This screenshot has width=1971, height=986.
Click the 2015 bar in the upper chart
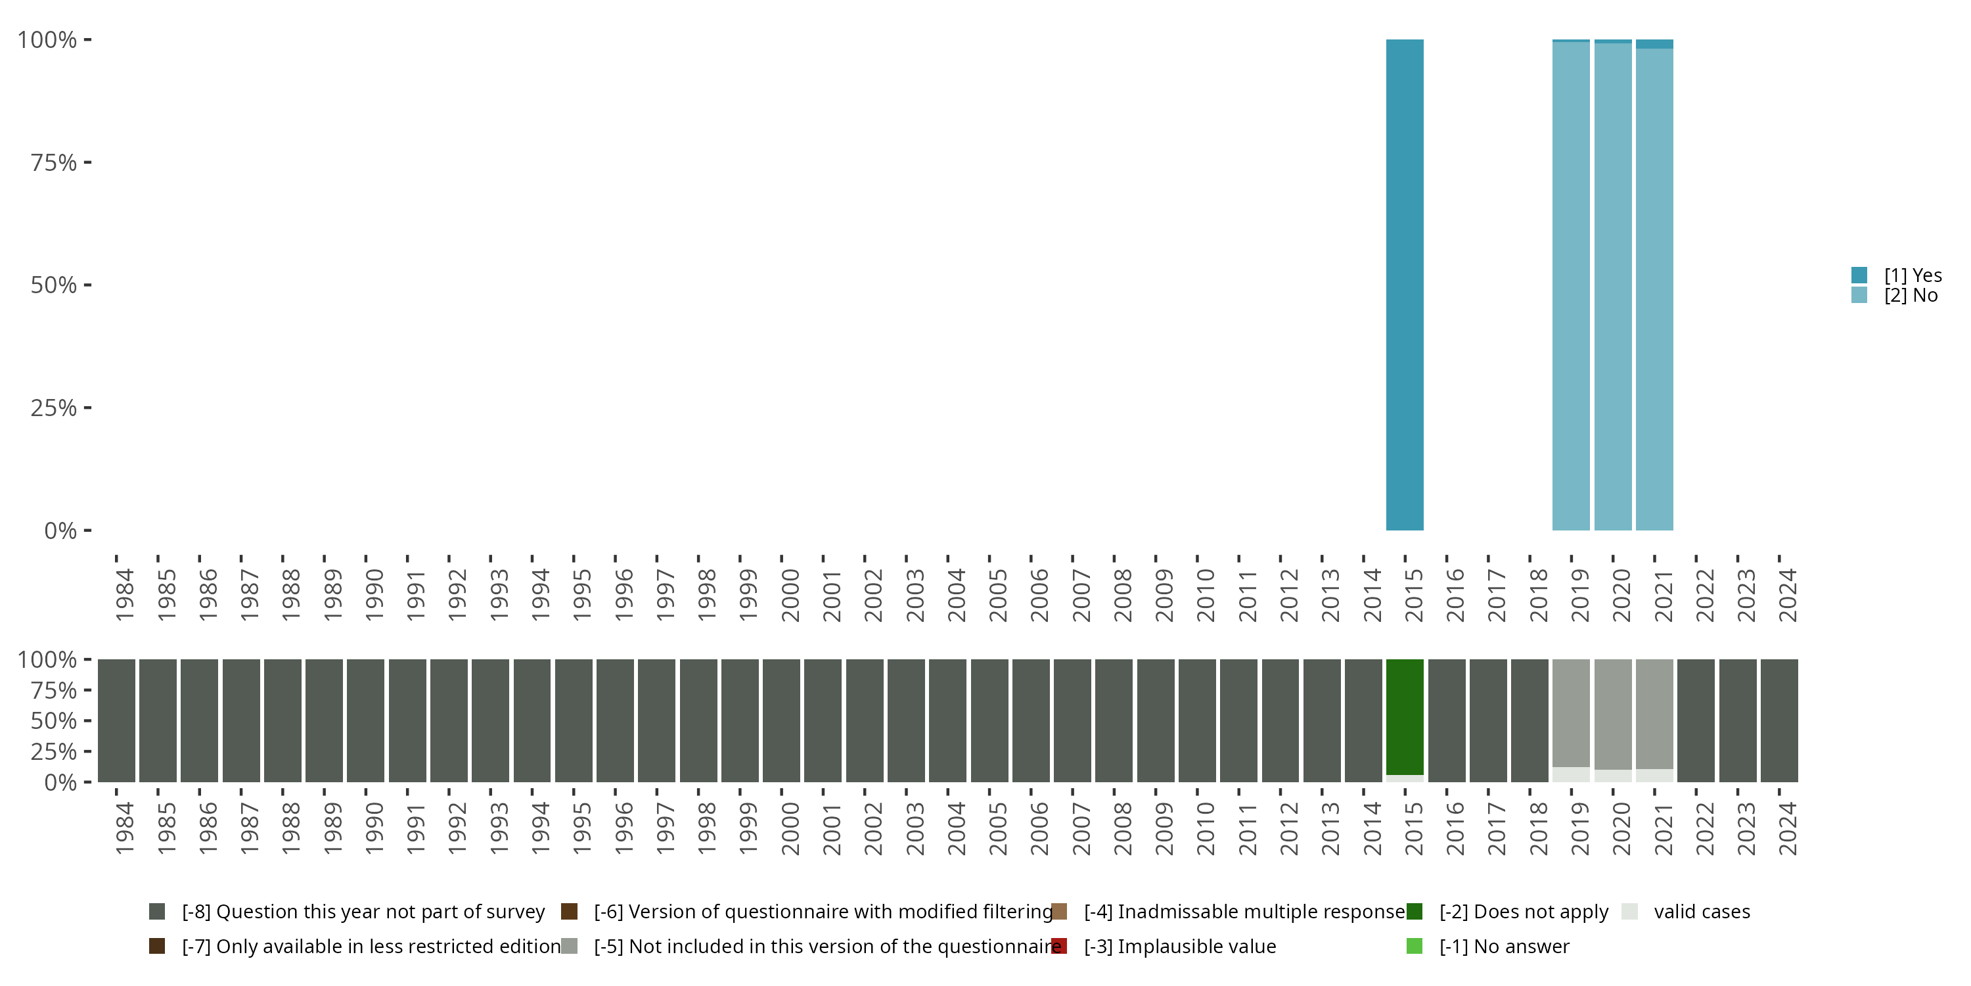pos(1405,285)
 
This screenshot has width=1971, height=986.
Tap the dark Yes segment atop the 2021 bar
pos(1654,43)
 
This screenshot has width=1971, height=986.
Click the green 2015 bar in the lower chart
pos(1405,716)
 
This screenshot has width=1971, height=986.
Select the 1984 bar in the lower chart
pos(116,720)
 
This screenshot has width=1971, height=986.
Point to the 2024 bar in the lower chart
pos(1779,720)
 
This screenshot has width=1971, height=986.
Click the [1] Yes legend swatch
pos(1859,275)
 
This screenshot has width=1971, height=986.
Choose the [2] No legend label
pos(1911,296)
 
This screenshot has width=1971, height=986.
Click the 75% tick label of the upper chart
pos(54,162)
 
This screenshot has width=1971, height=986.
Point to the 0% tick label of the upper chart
pos(60,530)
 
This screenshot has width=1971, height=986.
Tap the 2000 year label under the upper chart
pos(790,595)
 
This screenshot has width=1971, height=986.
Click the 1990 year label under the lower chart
pos(374,828)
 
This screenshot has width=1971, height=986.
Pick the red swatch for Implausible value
pos(1059,946)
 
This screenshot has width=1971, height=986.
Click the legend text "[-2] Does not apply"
pos(1524,912)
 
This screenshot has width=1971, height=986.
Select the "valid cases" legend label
pos(1702,912)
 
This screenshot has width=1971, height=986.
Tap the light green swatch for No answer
pos(1414,946)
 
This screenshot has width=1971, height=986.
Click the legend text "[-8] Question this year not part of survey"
pos(363,912)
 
